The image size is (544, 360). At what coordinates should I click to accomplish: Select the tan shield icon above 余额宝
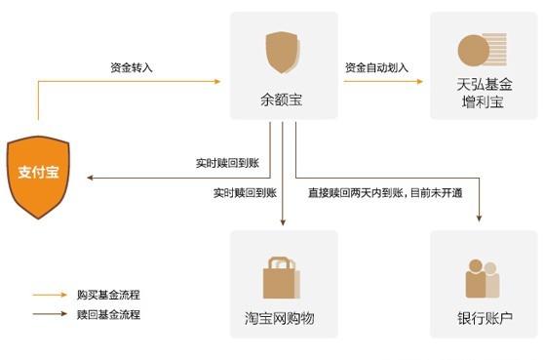pos(282,53)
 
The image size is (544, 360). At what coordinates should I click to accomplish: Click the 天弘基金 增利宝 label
pos(484,93)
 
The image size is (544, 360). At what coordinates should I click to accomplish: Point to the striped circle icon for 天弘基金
pos(482,50)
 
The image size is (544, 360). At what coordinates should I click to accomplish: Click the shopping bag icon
pos(280,276)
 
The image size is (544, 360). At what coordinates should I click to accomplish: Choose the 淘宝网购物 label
pos(280,319)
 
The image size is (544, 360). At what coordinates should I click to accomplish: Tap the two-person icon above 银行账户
pos(483,279)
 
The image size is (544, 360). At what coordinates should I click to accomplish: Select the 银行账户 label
pos(485,319)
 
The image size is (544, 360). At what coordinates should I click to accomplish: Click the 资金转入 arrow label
pos(131,67)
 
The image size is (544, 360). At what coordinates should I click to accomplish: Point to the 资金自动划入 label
pos(376,67)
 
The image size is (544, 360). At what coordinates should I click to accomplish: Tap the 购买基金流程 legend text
pos(108,294)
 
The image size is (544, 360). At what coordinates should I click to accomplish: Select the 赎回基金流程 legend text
pos(108,314)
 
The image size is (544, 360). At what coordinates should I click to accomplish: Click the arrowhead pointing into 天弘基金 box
pos(420,82)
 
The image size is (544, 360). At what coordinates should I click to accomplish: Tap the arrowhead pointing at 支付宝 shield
pos(90,178)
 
